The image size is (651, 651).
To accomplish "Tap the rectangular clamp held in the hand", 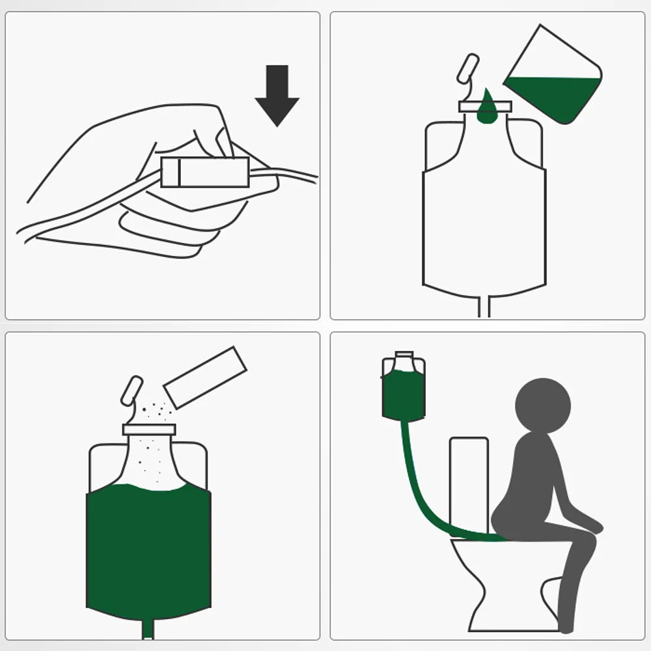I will [205, 173].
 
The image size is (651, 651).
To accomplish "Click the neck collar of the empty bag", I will [485, 106].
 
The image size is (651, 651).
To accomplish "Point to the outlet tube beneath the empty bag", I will [484, 306].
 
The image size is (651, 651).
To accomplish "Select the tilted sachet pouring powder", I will [205, 378].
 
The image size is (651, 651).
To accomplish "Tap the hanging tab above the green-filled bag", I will [132, 391].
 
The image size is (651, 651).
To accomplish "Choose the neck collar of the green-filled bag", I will [149, 429].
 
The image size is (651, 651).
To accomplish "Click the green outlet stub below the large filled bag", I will [148, 629].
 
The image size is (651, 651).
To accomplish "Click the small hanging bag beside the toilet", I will [404, 391].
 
